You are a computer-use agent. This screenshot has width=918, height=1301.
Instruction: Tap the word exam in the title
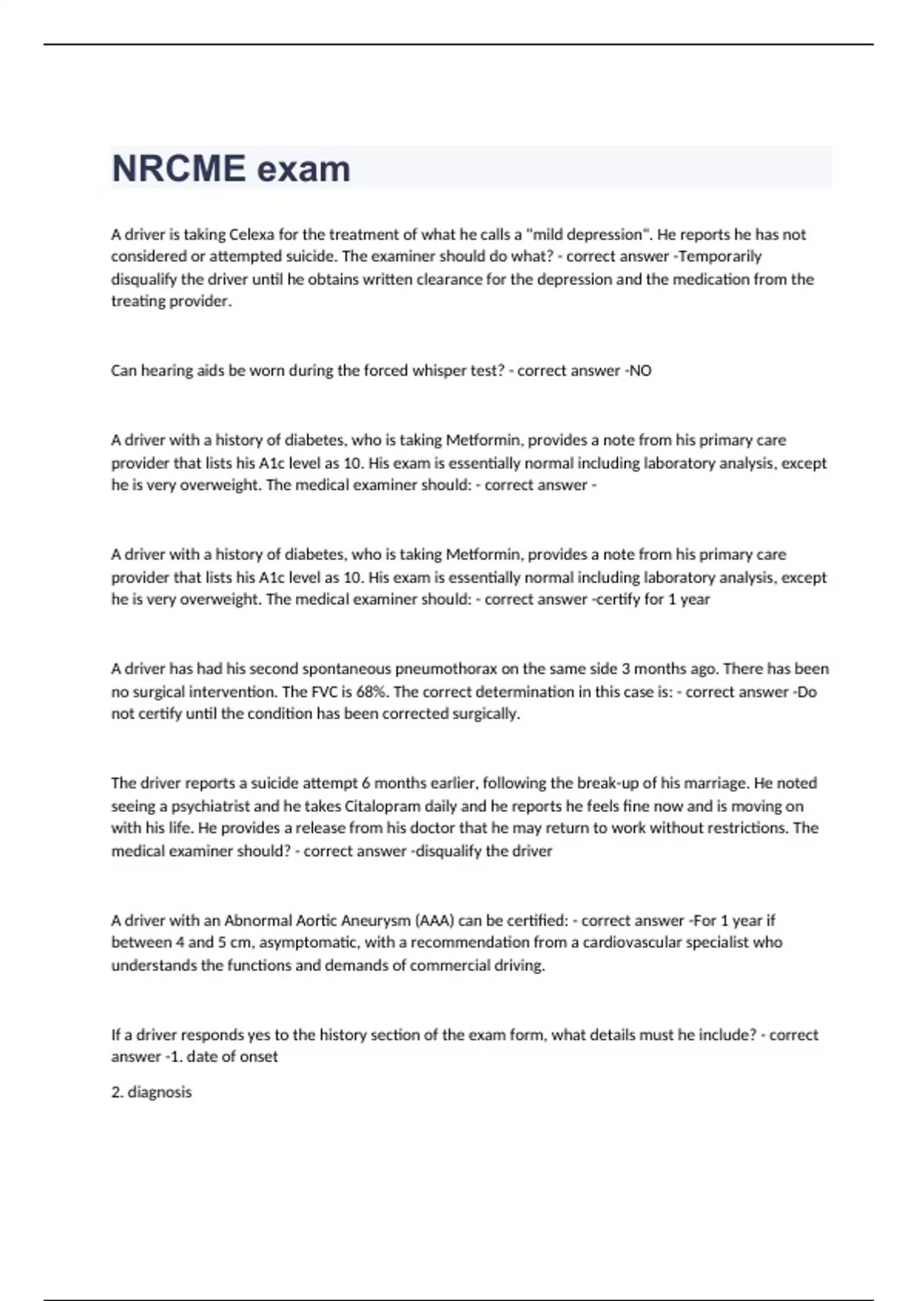click(x=304, y=168)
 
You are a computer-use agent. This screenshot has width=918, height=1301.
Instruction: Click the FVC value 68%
click(x=374, y=692)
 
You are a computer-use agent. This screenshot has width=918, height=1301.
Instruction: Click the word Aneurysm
click(x=376, y=920)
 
